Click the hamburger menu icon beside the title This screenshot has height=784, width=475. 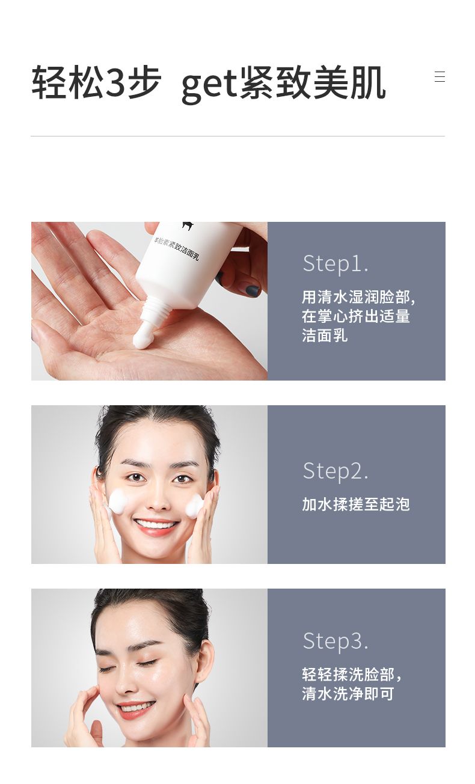coord(440,76)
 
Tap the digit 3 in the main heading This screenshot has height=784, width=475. coord(115,82)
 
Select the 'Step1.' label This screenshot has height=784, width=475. coord(336,263)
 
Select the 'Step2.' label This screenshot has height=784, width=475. coord(336,471)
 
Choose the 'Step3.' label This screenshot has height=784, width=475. coord(336,641)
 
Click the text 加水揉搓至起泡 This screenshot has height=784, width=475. coord(355,504)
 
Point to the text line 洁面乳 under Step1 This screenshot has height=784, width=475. coord(325,335)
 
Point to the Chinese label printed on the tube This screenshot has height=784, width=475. coord(177,249)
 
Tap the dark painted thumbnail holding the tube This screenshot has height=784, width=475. coord(252,290)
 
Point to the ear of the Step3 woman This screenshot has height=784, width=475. coord(204,660)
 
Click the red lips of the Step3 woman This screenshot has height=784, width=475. coord(136,709)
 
